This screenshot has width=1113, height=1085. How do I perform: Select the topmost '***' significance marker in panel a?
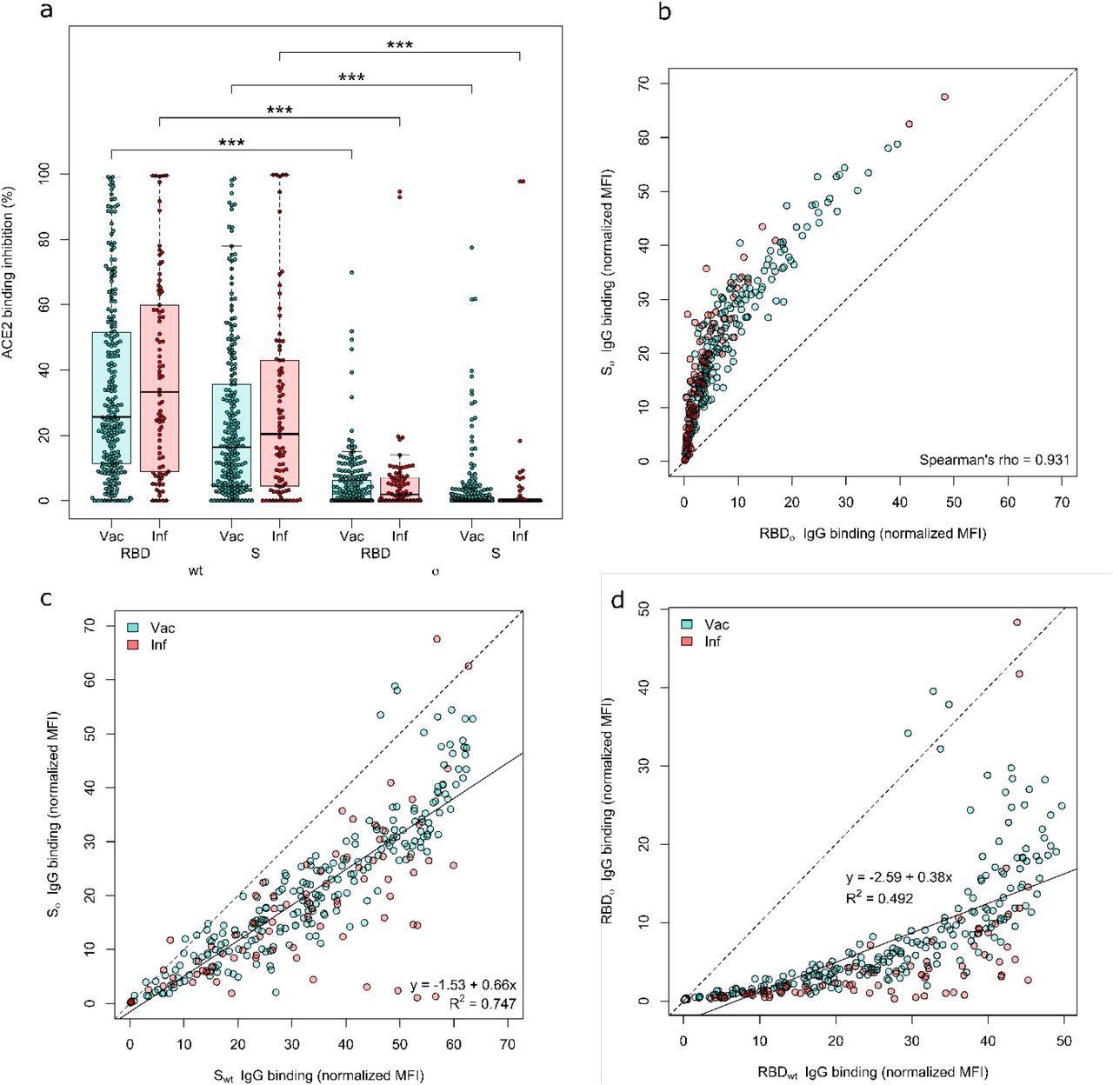(x=399, y=45)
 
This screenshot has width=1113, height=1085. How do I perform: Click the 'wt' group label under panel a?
(x=196, y=571)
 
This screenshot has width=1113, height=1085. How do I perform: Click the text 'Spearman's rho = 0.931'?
(x=994, y=459)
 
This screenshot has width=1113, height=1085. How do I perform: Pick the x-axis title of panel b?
(x=874, y=533)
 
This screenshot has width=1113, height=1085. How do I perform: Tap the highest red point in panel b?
(x=944, y=97)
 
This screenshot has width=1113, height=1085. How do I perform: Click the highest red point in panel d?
(x=1016, y=622)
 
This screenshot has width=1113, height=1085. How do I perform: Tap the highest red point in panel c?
(x=437, y=639)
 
